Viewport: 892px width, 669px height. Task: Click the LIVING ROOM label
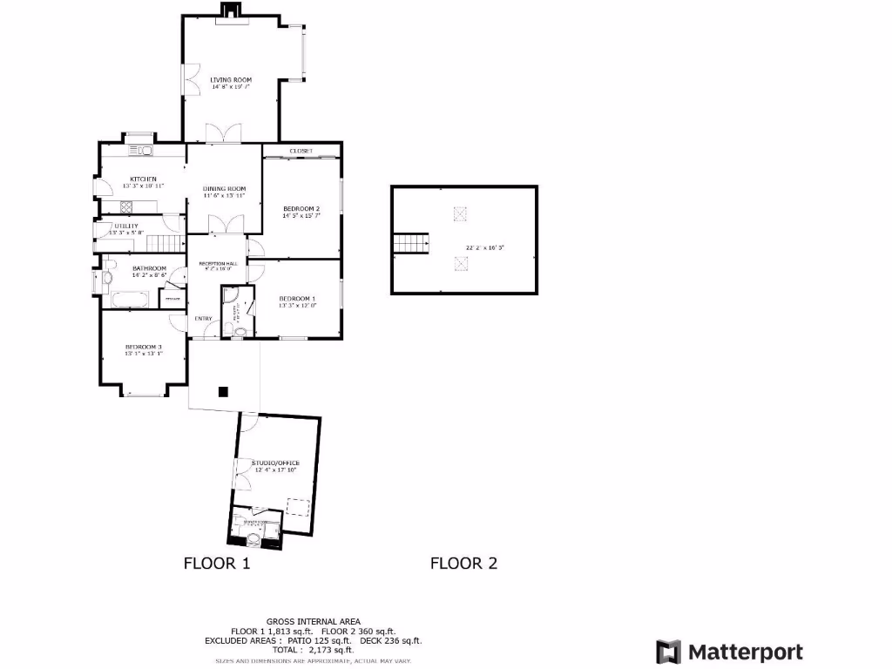click(x=231, y=79)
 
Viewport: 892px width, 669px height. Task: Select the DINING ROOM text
click(x=225, y=189)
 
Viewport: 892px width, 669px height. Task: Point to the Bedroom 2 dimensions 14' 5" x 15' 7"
click(x=301, y=215)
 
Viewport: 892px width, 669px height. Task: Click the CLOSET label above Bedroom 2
click(x=301, y=151)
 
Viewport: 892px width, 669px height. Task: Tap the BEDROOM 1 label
click(x=298, y=298)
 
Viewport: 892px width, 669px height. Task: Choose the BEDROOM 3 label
click(x=143, y=347)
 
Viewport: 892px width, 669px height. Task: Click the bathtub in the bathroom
click(x=130, y=301)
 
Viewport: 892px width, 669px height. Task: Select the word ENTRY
click(x=203, y=318)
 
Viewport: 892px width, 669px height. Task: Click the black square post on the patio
click(x=224, y=392)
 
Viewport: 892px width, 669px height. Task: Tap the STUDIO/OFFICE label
click(x=275, y=463)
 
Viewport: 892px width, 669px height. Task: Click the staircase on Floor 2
click(x=411, y=243)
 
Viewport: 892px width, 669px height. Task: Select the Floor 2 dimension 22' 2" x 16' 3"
click(x=485, y=247)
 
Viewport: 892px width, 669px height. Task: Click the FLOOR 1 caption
click(x=217, y=564)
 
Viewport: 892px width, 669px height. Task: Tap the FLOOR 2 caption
click(x=463, y=564)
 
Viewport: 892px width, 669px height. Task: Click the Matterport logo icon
click(x=668, y=652)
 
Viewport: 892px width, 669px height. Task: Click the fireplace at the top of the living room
click(x=230, y=10)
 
